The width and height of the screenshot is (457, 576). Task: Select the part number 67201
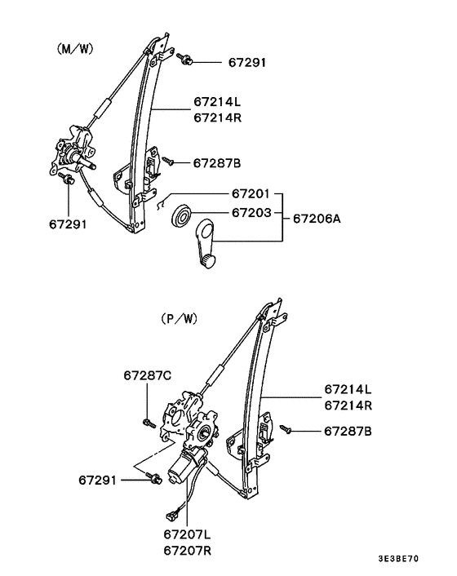point(250,194)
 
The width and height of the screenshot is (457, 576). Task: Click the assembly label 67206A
point(317,219)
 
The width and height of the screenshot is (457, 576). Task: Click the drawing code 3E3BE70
point(420,562)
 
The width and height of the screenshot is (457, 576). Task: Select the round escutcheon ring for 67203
point(181,217)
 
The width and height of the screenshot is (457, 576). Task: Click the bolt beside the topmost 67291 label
point(185,59)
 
